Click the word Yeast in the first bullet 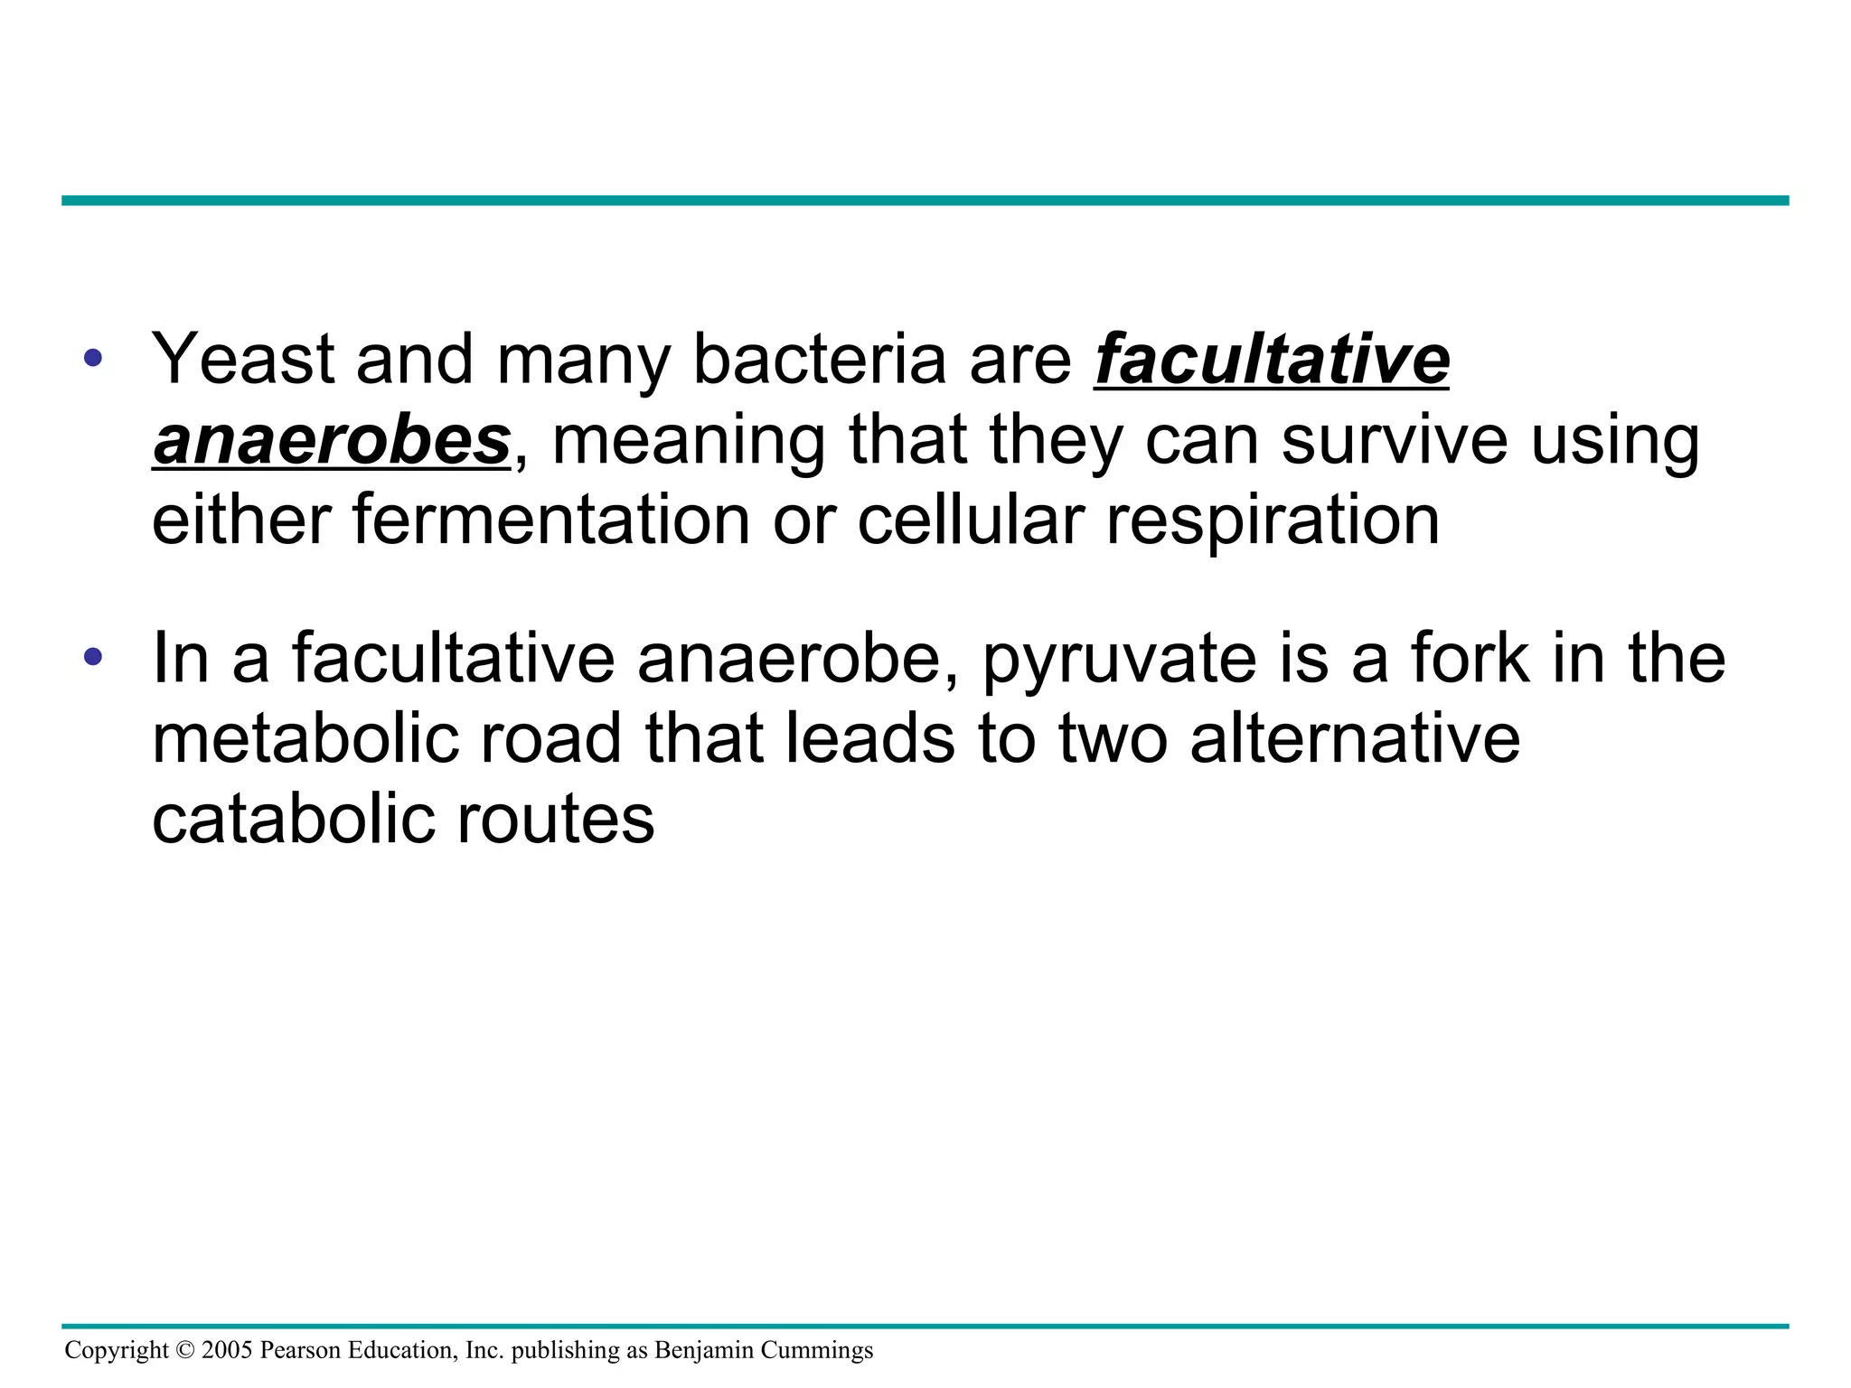coord(242,360)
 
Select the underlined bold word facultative coord(1271,360)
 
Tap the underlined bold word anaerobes coord(332,440)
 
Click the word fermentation coord(550,520)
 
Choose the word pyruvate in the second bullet coord(1119,660)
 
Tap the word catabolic coord(294,819)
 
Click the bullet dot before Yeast coord(92,359)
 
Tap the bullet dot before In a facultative coord(92,657)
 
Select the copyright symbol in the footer coord(185,1350)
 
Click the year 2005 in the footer coord(227,1350)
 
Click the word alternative coord(1355,738)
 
